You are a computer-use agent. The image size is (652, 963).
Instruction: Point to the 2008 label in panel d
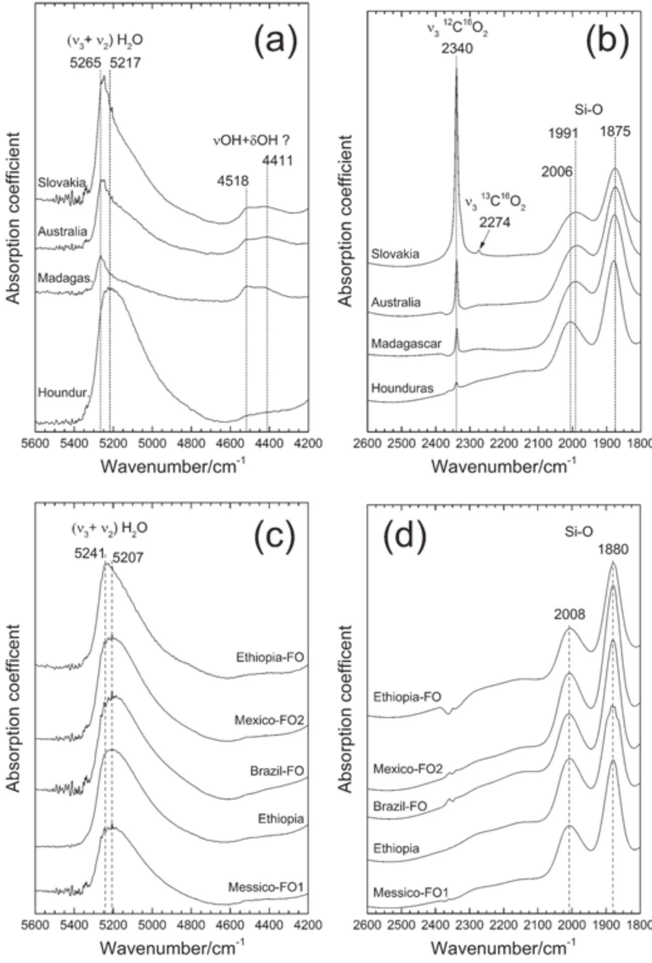pyautogui.click(x=569, y=614)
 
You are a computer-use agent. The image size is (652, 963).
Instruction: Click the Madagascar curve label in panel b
pyautogui.click(x=406, y=344)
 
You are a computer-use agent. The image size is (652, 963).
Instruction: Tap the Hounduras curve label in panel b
pyautogui.click(x=402, y=388)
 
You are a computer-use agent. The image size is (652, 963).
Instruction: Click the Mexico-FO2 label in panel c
pyautogui.click(x=269, y=720)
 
